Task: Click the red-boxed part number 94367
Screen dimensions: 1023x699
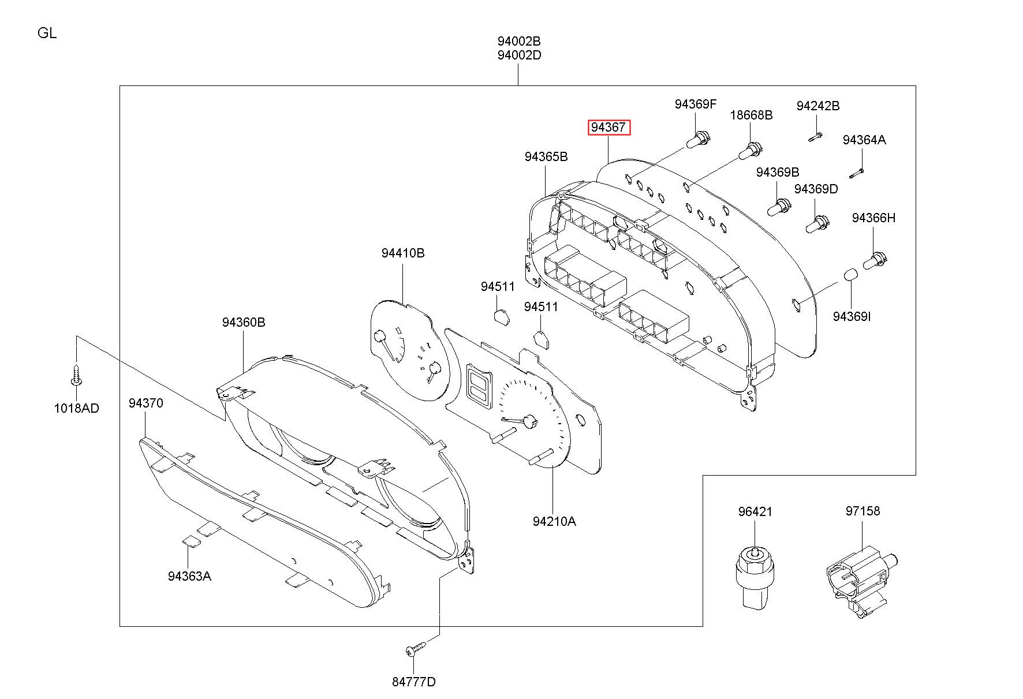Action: [x=609, y=127]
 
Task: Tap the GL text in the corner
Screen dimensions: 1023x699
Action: [x=47, y=33]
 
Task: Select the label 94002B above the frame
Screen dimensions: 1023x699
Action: [x=519, y=42]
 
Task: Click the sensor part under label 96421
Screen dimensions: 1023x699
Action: [x=755, y=577]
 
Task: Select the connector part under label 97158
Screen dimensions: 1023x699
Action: [x=859, y=583]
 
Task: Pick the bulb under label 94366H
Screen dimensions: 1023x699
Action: [x=875, y=260]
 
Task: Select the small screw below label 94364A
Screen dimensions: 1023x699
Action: [x=856, y=173]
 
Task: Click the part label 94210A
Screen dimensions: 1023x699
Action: [x=554, y=521]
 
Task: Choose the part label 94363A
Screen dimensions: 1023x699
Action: [x=189, y=576]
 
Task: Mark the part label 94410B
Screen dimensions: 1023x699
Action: [x=403, y=253]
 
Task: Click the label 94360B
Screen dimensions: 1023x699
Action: [x=244, y=322]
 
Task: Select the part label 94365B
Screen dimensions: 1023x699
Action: [x=546, y=156]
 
